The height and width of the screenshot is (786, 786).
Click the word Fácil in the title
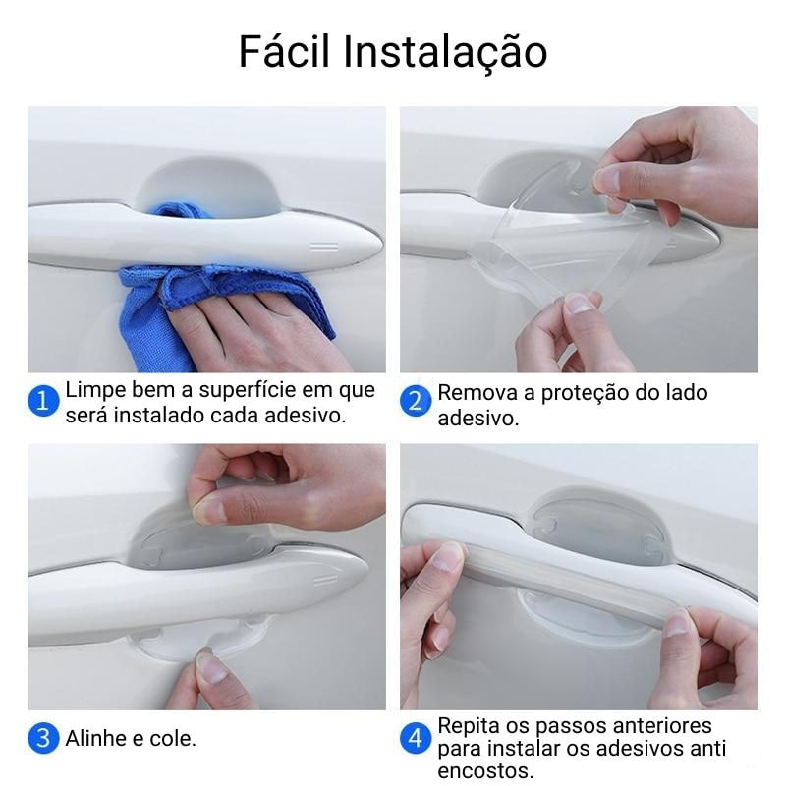tap(284, 51)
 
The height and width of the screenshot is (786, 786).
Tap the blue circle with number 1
tap(43, 401)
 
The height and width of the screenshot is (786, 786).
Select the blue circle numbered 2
tap(415, 401)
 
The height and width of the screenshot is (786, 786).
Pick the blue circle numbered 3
tap(43, 738)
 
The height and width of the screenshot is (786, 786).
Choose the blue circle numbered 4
tap(415, 738)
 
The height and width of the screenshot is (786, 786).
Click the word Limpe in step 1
tap(95, 390)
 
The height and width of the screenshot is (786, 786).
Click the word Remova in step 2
tap(477, 393)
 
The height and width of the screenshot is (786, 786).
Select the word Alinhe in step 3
tap(95, 739)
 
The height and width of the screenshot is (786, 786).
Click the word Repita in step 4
tap(469, 726)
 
